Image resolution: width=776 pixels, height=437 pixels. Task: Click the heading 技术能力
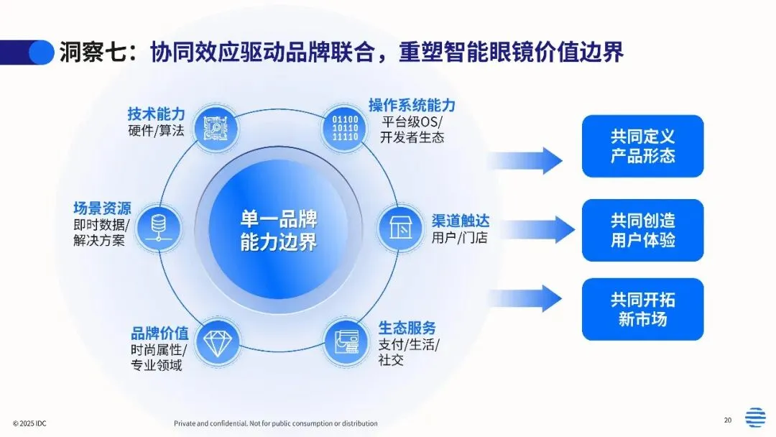click(x=156, y=114)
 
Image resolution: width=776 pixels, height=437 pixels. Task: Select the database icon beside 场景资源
click(x=157, y=224)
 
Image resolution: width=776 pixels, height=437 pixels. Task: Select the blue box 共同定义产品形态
click(x=642, y=146)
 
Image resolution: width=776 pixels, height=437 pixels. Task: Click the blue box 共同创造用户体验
click(x=642, y=230)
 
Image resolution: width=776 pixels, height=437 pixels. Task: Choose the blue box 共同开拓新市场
click(x=642, y=309)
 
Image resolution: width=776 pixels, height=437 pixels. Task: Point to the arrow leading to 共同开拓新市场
click(x=525, y=298)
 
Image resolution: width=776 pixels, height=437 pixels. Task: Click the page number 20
click(x=727, y=420)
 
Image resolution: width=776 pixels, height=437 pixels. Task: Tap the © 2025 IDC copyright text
click(x=29, y=423)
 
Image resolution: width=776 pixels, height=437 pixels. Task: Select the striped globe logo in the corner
click(x=754, y=418)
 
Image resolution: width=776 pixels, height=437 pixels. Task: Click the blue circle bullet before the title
click(x=41, y=52)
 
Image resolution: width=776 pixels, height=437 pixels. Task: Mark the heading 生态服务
click(x=407, y=328)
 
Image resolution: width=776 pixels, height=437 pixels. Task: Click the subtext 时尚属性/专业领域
click(x=158, y=357)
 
